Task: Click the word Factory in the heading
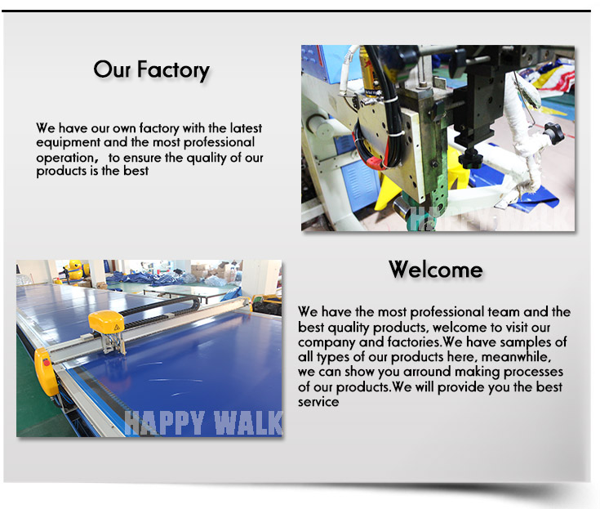[173, 70]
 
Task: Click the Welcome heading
[436, 270]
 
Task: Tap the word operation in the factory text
[64, 158]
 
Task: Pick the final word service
[318, 402]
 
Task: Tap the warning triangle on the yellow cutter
[117, 328]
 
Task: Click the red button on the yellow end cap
[47, 361]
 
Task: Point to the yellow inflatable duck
[76, 270]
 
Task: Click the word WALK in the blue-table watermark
[248, 423]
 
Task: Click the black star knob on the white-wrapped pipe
[553, 132]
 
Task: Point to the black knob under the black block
[469, 157]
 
